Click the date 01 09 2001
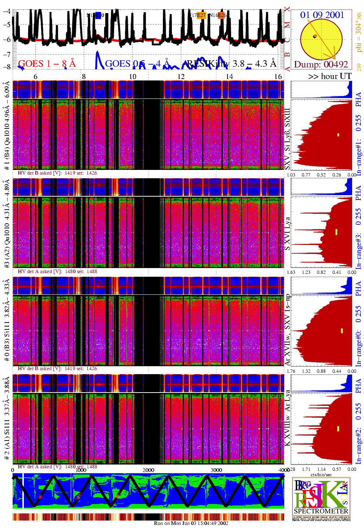(x=322, y=15)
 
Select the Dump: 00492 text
(x=321, y=64)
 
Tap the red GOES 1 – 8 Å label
(x=47, y=64)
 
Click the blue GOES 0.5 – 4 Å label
(x=137, y=64)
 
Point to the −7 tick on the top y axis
(x=6, y=54)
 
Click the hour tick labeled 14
(x=229, y=76)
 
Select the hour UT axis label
(x=330, y=76)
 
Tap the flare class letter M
(x=287, y=25)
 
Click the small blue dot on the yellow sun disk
(x=315, y=36)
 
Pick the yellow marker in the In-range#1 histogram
(x=338, y=135)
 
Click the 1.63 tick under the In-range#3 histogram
(x=291, y=272)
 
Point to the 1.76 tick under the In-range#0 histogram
(x=291, y=371)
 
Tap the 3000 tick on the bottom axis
(x=216, y=470)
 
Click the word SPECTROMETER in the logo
(x=321, y=511)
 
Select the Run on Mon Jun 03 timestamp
(x=191, y=523)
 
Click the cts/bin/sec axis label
(x=321, y=474)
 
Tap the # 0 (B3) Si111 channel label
(x=7, y=341)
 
